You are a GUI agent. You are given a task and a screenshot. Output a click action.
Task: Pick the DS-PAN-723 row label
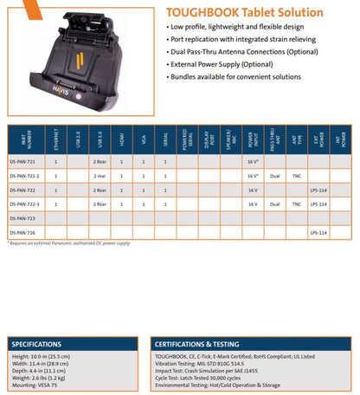point(22,217)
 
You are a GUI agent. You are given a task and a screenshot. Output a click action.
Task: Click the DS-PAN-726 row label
point(22,232)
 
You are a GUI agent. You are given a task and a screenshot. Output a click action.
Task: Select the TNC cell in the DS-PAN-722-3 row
point(296,204)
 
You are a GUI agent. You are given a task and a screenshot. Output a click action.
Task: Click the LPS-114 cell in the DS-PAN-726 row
point(318,232)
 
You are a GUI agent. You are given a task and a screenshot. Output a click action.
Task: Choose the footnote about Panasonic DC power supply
point(69,243)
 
